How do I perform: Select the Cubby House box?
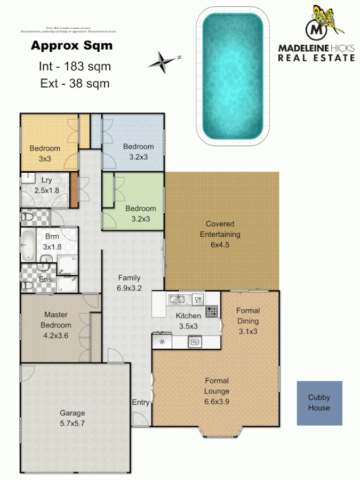(x=319, y=403)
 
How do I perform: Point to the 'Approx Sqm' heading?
(x=71, y=46)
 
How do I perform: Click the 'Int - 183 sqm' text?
(x=75, y=67)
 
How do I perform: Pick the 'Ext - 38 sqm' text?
(x=75, y=83)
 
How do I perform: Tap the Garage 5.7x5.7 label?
(x=72, y=418)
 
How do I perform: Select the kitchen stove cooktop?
(x=212, y=311)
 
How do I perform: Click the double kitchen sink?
(x=178, y=299)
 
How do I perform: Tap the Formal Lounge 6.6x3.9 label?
(x=217, y=386)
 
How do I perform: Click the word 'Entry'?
(x=140, y=403)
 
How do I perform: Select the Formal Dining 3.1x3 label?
(x=248, y=321)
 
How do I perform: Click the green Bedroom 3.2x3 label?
(x=141, y=213)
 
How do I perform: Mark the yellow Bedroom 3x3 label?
(x=45, y=153)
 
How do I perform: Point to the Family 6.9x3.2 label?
(x=129, y=282)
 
